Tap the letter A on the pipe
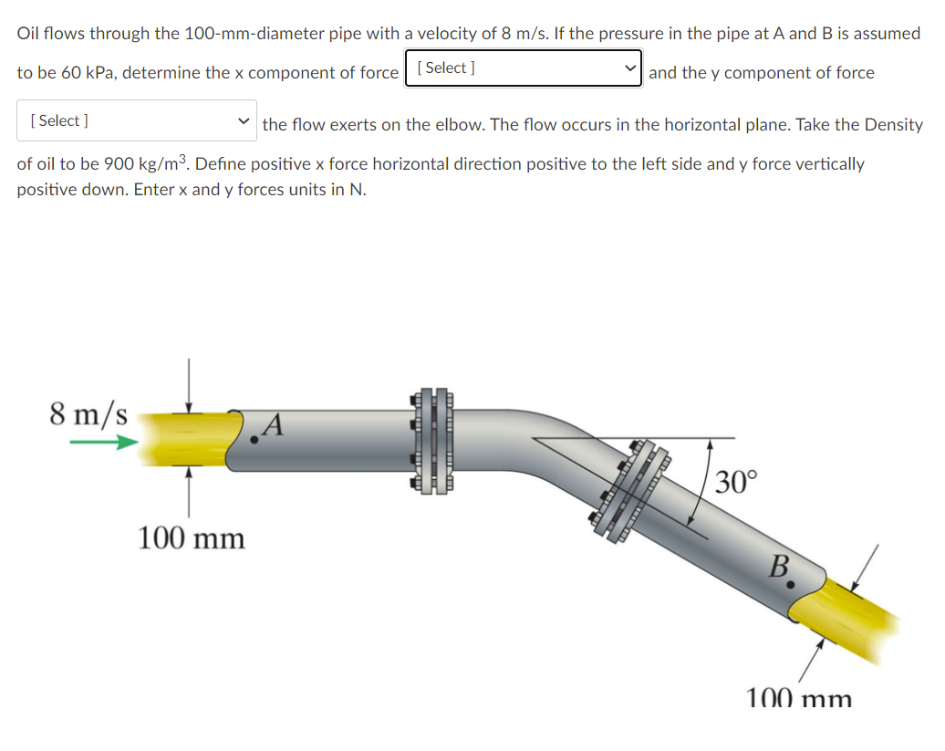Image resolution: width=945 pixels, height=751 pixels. (x=276, y=423)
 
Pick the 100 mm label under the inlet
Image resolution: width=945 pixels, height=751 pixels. (x=192, y=538)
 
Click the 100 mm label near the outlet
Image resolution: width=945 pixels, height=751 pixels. (x=799, y=699)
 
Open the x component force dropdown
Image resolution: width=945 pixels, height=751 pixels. (x=524, y=68)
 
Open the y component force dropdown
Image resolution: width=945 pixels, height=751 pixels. (x=137, y=120)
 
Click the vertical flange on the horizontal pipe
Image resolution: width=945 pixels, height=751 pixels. (x=432, y=440)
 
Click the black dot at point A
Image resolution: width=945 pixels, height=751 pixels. (x=254, y=440)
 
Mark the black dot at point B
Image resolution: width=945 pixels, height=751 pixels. (x=791, y=581)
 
